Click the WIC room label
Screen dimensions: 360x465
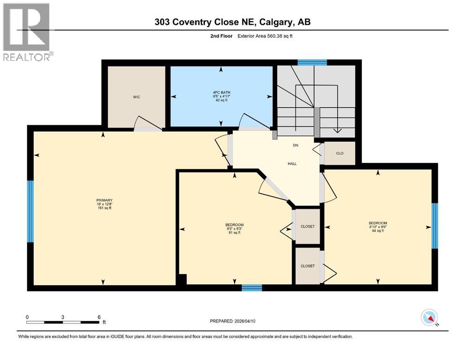tap(136, 97)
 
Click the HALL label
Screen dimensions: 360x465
tap(292, 164)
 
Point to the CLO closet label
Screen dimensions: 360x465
tap(340, 153)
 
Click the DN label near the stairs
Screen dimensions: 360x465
tap(295, 145)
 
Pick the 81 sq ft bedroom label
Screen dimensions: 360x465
tap(234, 228)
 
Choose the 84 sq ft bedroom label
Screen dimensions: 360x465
tap(377, 226)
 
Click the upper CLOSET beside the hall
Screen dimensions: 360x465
tap(308, 226)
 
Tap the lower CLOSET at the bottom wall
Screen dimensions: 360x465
tap(308, 266)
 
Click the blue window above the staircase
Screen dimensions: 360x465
tap(312, 62)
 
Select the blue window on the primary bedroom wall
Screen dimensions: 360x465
tap(30, 211)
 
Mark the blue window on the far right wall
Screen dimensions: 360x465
tap(434, 226)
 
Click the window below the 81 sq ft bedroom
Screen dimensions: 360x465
tap(251, 287)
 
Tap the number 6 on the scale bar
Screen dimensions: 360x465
tap(99, 317)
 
